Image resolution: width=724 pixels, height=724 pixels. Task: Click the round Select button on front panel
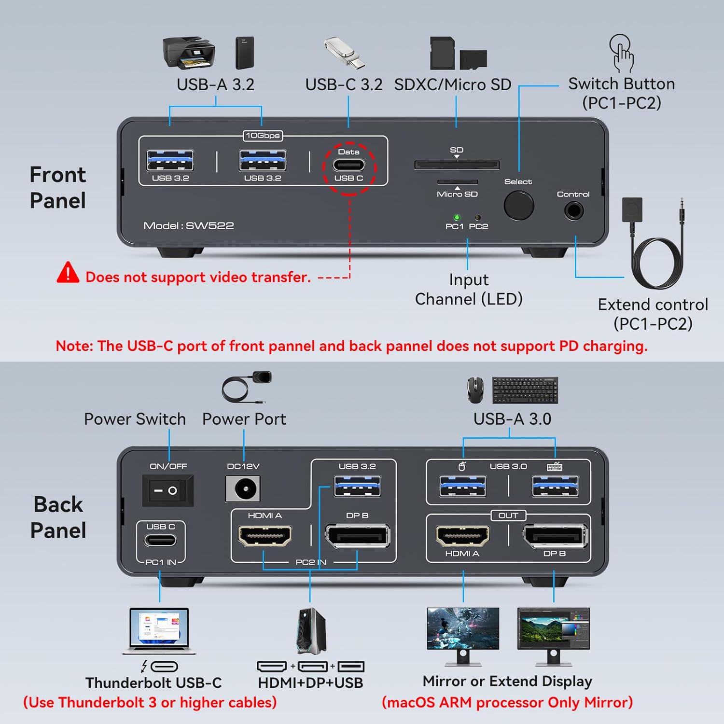pyautogui.click(x=519, y=205)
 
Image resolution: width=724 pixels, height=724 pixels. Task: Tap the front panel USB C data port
pyautogui.click(x=349, y=165)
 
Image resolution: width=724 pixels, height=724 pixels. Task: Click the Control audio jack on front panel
pyautogui.click(x=574, y=211)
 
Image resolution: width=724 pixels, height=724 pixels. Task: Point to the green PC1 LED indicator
pyautogui.click(x=457, y=218)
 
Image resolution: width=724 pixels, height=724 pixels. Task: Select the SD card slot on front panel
pyautogui.click(x=457, y=166)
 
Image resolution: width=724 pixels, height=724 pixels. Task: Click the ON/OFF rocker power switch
pyautogui.click(x=168, y=490)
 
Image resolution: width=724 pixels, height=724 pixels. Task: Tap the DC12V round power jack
pyautogui.click(x=243, y=489)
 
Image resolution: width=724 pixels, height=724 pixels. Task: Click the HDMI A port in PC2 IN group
pyautogui.click(x=265, y=536)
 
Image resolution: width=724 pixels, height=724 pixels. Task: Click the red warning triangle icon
pyautogui.click(x=68, y=273)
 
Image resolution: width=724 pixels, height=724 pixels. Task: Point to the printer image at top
pyautogui.click(x=189, y=52)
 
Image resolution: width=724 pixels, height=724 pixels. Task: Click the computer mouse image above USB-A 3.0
pyautogui.click(x=475, y=390)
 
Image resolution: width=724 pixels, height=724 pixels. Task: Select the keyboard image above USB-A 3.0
pyautogui.click(x=525, y=390)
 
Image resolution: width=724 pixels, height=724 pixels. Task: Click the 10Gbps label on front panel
pyautogui.click(x=263, y=136)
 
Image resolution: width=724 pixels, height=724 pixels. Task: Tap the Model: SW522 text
pyautogui.click(x=189, y=225)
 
